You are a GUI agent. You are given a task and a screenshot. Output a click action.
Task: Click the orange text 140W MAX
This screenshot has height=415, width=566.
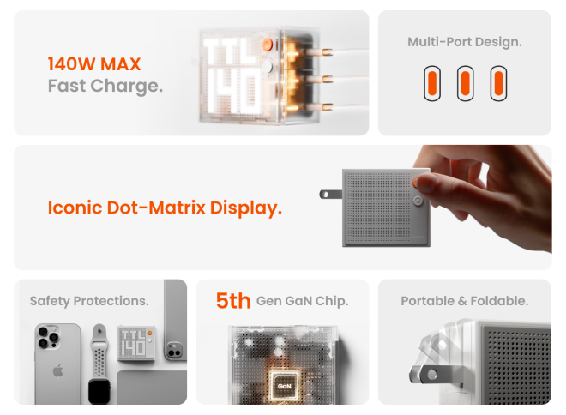pyautogui.click(x=94, y=64)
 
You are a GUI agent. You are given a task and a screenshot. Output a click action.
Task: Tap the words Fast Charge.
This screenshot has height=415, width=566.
pyautogui.click(x=105, y=86)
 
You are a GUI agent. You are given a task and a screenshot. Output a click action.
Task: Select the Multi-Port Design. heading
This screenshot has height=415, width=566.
pyautogui.click(x=465, y=42)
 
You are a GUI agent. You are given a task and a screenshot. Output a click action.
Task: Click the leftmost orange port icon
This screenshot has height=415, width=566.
pyautogui.click(x=432, y=83)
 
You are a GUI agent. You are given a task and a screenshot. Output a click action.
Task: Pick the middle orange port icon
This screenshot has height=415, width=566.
pyautogui.click(x=466, y=83)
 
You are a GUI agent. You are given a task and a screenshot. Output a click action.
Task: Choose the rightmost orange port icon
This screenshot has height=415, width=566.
pyautogui.click(x=498, y=83)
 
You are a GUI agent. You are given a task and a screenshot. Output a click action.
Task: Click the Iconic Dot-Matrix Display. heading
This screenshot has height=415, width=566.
pyautogui.click(x=165, y=207)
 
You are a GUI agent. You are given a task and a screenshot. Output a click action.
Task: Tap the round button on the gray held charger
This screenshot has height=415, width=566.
pyautogui.click(x=418, y=201)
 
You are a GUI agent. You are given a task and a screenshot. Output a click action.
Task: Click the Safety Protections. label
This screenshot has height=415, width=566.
pyautogui.click(x=89, y=301)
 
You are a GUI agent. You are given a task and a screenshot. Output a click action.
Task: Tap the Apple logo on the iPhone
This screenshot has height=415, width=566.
pyautogui.click(x=57, y=371)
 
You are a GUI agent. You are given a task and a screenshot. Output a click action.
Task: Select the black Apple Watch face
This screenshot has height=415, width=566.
pyautogui.click(x=99, y=391)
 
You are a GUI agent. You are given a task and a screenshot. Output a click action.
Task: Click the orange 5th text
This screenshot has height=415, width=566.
pyautogui.click(x=233, y=301)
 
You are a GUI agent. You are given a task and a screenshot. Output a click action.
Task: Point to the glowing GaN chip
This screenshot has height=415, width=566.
pyautogui.click(x=285, y=386)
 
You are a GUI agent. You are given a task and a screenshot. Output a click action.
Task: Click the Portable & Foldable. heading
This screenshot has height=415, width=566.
pyautogui.click(x=465, y=301)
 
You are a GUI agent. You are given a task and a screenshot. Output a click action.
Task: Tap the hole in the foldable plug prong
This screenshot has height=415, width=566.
pyautogui.click(x=431, y=375)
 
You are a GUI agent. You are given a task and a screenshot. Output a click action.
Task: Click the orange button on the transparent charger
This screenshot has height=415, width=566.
pyautogui.click(x=267, y=45)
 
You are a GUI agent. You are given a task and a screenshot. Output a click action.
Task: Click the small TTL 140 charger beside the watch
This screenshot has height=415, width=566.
pyautogui.click(x=136, y=343)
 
